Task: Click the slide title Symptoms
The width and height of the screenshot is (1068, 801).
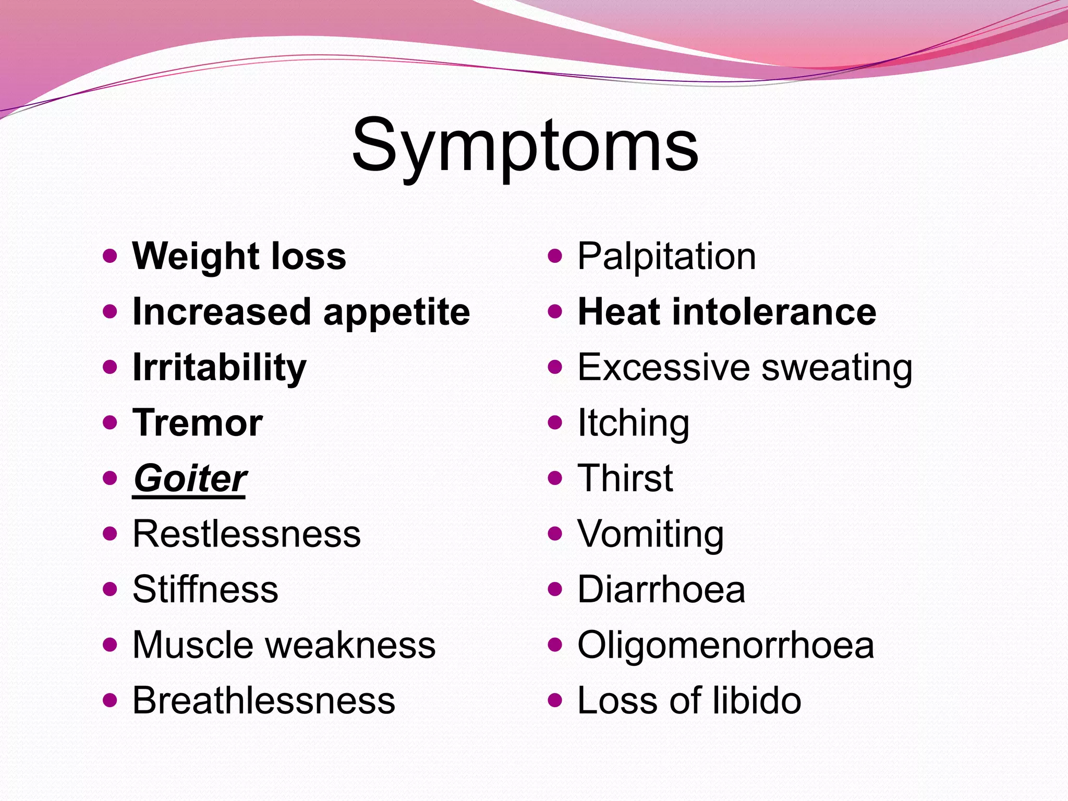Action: pos(525,146)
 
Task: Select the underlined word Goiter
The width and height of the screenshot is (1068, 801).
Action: pos(189,478)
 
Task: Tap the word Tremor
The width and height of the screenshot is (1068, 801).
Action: pos(198,422)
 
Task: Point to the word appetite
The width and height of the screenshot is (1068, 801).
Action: pos(396,312)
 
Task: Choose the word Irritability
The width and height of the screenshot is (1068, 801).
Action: pos(220,368)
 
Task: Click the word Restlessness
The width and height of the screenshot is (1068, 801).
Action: pos(247,533)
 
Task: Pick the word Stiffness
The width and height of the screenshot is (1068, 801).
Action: pos(205,589)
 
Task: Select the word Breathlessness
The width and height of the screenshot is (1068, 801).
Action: pos(264,700)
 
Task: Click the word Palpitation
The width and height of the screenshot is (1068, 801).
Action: pos(666,257)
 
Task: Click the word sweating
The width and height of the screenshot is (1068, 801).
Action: pos(836,368)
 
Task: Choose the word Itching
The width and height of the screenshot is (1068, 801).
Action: pos(633,423)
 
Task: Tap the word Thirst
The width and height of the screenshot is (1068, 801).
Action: pos(625,478)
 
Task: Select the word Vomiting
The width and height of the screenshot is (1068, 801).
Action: pos(650,534)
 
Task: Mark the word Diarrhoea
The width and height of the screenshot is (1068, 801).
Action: pos(661,589)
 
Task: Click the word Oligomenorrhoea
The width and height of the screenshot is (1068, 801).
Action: pos(725,645)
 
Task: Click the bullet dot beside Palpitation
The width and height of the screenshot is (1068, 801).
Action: pos(555,256)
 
